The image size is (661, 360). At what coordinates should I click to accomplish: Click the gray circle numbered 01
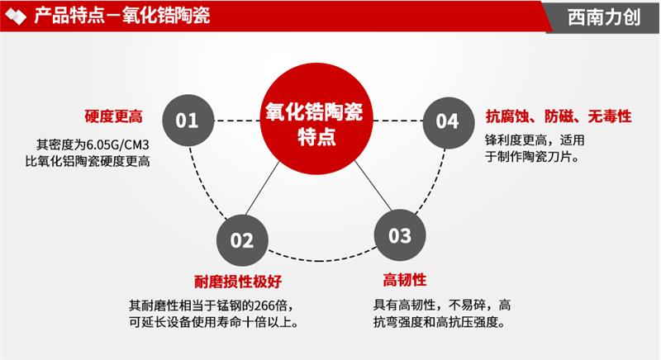pyautogui.click(x=188, y=121)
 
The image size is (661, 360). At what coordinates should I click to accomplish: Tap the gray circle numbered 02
pyautogui.click(x=242, y=240)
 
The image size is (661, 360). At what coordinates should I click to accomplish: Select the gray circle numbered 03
pyautogui.click(x=400, y=235)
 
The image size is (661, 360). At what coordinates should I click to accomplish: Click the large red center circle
pyautogui.click(x=316, y=119)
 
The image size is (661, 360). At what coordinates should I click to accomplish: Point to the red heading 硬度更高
pyautogui.click(x=114, y=116)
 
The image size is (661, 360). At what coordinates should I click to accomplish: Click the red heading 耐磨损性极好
pyautogui.click(x=238, y=282)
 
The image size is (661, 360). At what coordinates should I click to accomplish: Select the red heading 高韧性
pyautogui.click(x=405, y=280)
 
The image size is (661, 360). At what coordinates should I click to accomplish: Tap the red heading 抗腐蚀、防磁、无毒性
pyautogui.click(x=559, y=116)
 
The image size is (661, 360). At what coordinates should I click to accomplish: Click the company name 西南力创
pyautogui.click(x=604, y=17)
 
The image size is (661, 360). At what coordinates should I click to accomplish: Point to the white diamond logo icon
pyautogui.click(x=16, y=17)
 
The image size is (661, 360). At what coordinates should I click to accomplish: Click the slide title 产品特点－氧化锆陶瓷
pyautogui.click(x=121, y=16)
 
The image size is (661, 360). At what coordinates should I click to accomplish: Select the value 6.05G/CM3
pyautogui.click(x=118, y=144)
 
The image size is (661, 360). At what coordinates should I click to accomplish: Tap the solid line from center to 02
pyautogui.click(x=262, y=188)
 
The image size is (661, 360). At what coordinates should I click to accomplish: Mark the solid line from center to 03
pyautogui.click(x=373, y=186)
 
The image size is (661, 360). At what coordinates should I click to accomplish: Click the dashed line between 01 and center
pyautogui.click(x=237, y=121)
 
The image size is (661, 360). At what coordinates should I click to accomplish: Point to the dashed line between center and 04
pyautogui.click(x=398, y=121)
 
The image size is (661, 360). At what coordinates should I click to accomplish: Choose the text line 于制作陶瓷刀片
pyautogui.click(x=532, y=157)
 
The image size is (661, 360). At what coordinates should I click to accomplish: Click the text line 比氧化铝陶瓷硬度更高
pyautogui.click(x=88, y=161)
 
